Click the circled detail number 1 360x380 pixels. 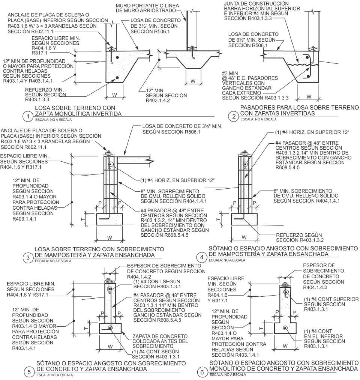(x=28, y=117)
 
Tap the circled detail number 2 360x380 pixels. (x=234, y=117)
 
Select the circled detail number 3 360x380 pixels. (x=28, y=258)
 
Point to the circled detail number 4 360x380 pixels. (x=202, y=257)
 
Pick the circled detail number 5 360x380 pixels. (x=29, y=372)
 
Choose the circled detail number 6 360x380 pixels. (x=202, y=372)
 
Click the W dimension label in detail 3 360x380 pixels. (x=110, y=238)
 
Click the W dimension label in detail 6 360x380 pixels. (x=285, y=346)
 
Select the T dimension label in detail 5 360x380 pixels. (x=86, y=328)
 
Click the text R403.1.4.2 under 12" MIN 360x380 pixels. (x=158, y=100)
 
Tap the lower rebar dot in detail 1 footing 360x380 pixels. (x=117, y=78)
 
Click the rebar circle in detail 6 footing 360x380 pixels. (x=285, y=328)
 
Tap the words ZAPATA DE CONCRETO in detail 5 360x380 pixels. (x=160, y=336)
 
